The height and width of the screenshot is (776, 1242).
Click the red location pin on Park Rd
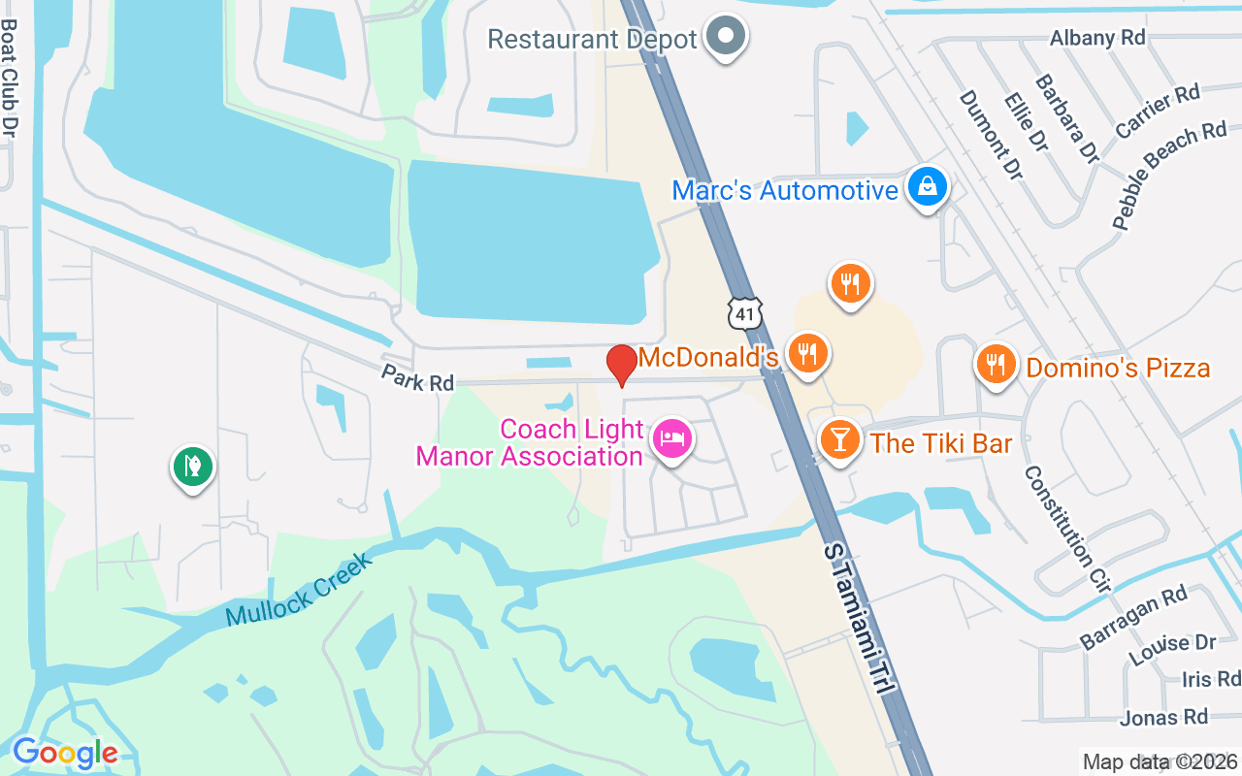point(621,365)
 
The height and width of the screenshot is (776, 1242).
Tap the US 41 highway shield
point(745,312)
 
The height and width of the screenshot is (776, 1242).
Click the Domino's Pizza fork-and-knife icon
point(996,366)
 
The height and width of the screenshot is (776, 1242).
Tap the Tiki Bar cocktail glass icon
point(839,440)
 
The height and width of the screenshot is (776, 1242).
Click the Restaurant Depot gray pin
point(725,37)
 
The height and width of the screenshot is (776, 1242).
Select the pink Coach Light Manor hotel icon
point(670,438)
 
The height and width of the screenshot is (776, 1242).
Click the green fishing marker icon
point(193,467)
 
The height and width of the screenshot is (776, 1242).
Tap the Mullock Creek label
point(298,590)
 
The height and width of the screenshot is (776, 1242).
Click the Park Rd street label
point(417,378)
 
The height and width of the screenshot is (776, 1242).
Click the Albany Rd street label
point(1097,38)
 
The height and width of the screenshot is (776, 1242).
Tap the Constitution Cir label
point(1065,529)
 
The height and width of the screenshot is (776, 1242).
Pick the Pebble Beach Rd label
point(1169,175)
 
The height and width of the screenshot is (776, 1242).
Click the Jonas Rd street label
point(1163,718)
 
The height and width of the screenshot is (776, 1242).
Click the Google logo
point(65,753)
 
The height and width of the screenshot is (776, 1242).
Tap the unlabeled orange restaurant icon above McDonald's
point(851,283)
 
